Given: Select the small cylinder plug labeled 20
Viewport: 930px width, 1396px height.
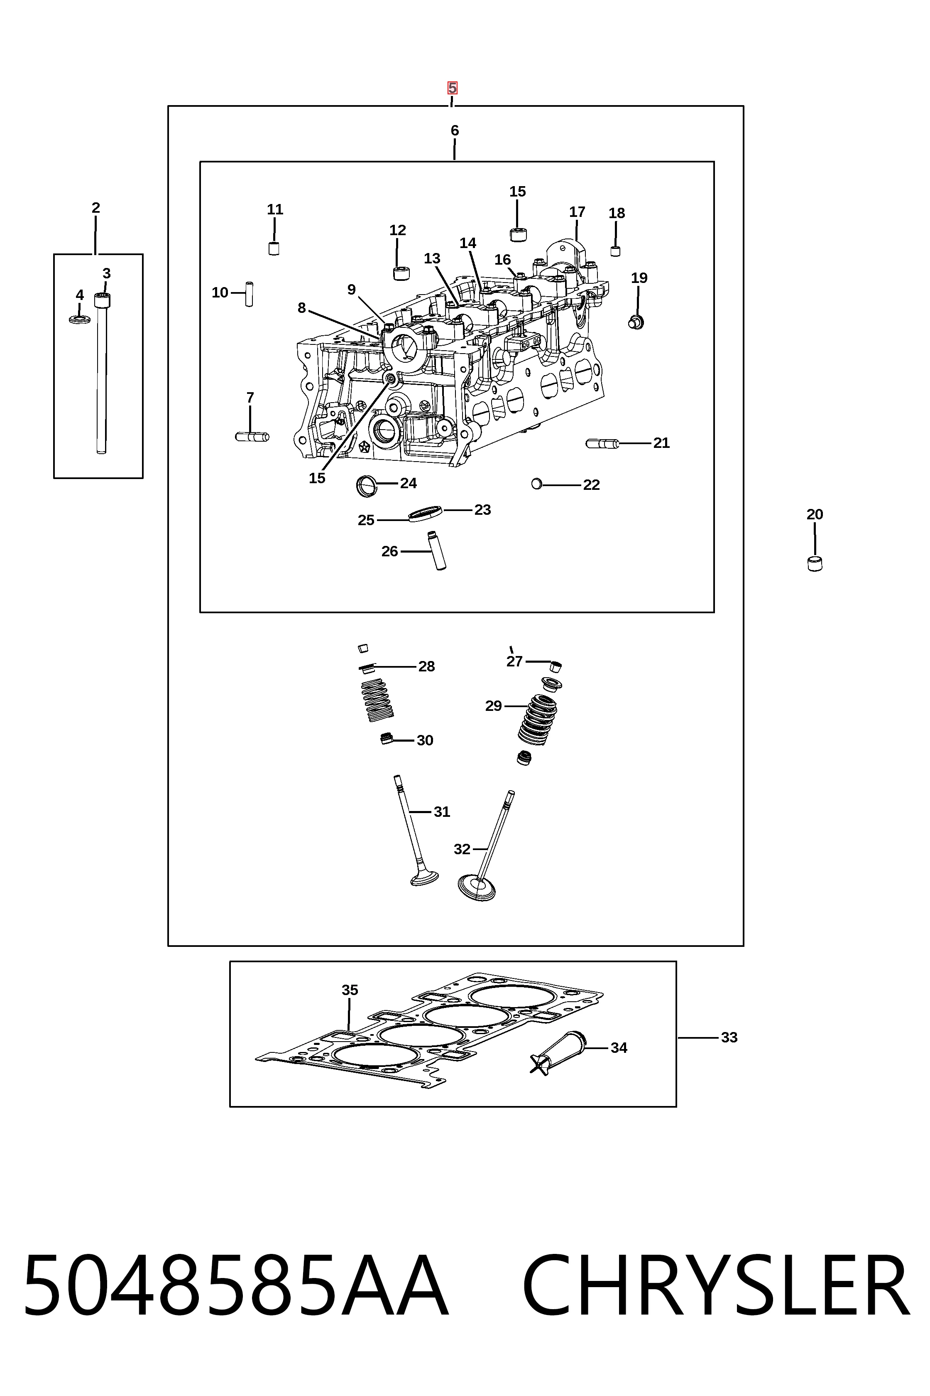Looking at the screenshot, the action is [x=815, y=564].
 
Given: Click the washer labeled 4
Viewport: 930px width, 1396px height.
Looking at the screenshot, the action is [x=80, y=320].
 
